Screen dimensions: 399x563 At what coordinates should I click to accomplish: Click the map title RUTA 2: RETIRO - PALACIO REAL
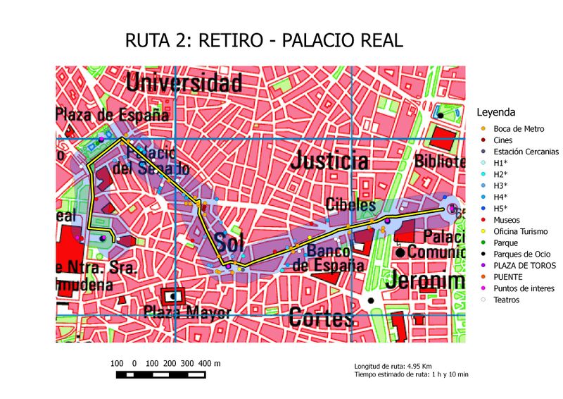pos(263,40)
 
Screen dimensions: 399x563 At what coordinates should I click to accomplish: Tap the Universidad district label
pos(184,82)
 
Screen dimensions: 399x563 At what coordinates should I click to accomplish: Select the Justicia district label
pos(330,160)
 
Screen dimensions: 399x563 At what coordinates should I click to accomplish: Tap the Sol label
pos(229,242)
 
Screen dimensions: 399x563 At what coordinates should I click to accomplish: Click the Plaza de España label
pos(113,115)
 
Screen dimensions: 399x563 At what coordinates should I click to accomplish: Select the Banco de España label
pos(328,258)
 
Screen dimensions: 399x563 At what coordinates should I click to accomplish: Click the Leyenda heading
pos(496,112)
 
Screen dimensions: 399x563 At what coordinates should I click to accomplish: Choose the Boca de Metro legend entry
pos(519,128)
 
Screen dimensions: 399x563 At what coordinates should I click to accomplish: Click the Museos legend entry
pos(507,220)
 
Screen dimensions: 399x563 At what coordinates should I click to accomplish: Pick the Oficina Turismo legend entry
pos(520,231)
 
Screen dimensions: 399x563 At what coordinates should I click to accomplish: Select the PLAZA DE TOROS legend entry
pos(524,265)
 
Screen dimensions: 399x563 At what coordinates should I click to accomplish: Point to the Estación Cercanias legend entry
pos(526,152)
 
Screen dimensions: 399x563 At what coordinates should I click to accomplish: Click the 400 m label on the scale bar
pos(209,363)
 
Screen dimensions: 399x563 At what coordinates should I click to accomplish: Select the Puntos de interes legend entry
pos(524,288)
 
